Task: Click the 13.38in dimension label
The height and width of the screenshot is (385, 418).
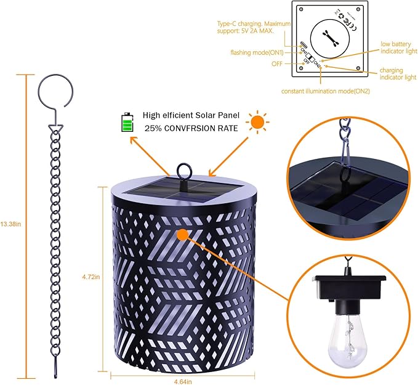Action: pos(10,224)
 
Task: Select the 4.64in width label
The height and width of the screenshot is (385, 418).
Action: pos(183,380)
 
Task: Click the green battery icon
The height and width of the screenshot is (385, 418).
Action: pos(127,122)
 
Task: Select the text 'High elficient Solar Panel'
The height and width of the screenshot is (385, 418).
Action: pos(191,115)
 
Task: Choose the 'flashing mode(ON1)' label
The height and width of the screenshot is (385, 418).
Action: pos(257,52)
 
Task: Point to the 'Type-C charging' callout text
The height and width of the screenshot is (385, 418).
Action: pos(251,27)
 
